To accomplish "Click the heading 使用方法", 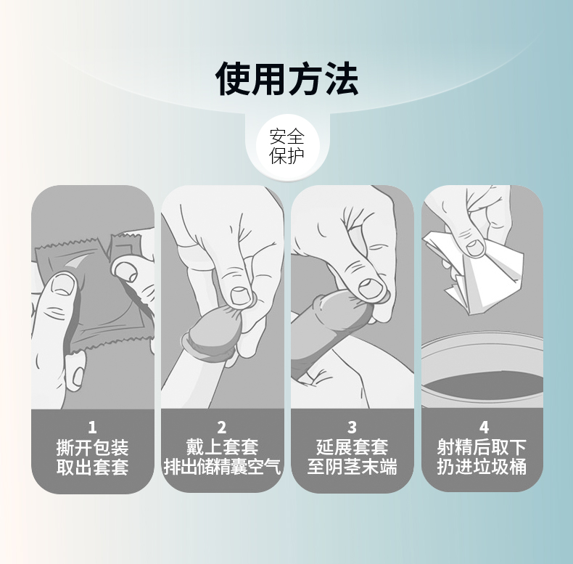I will [286, 79].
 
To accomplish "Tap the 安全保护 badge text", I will [286, 146].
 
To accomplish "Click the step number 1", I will [92, 428].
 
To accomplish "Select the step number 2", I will [222, 428].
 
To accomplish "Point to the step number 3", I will [352, 428].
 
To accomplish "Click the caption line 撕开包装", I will [92, 447].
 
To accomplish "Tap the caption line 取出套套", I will [92, 467].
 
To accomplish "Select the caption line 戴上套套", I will [222, 447].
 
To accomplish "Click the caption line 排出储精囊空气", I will [222, 467].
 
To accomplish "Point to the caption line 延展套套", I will [352, 447].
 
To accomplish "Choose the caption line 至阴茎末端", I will [352, 467].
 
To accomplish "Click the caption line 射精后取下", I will [482, 447].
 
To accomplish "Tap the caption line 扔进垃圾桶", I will [482, 467].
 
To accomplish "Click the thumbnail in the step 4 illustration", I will [476, 246].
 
